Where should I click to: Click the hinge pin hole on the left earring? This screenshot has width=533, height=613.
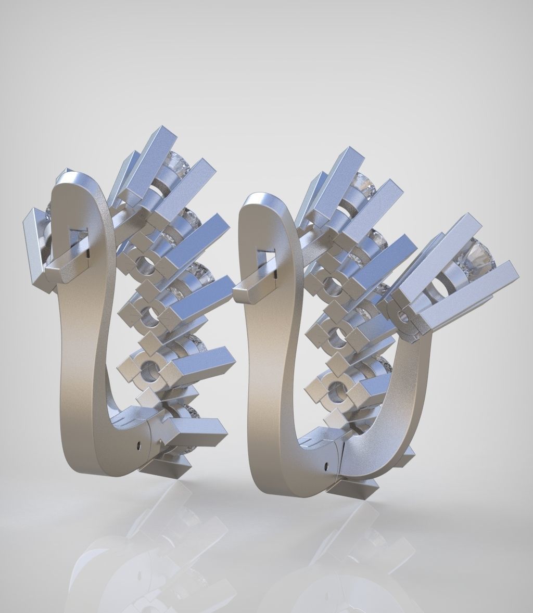(x=139, y=445)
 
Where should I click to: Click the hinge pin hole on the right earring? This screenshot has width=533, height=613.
(x=326, y=462)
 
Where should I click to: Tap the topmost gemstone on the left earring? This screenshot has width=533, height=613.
(x=176, y=161)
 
